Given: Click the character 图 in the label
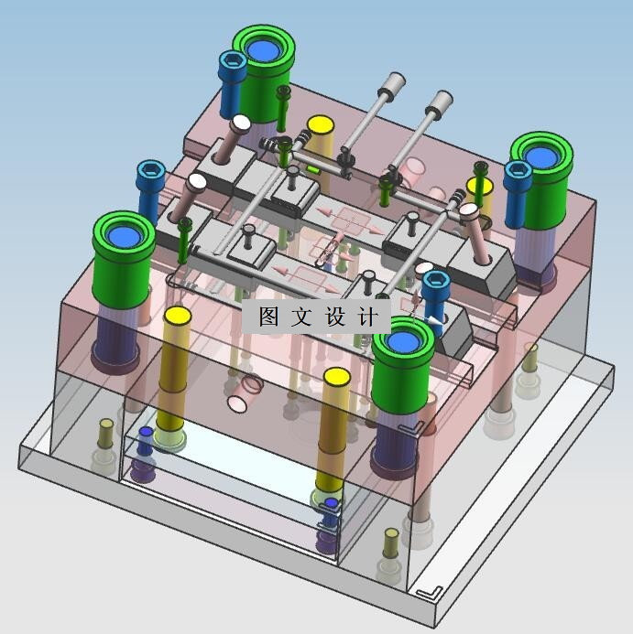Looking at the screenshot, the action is click(x=269, y=316).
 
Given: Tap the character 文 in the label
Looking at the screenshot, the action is click(x=301, y=316).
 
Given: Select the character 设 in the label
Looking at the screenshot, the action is click(x=335, y=316).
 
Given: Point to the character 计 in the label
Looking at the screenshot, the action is click(x=367, y=316).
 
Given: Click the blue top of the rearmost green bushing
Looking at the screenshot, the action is click(x=264, y=49).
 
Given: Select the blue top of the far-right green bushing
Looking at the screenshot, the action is click(x=541, y=157).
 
